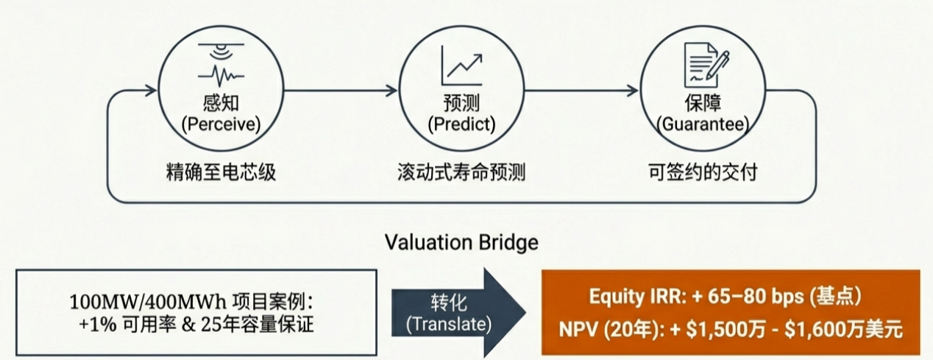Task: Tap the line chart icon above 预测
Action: click(x=461, y=65)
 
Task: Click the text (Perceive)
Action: click(x=221, y=124)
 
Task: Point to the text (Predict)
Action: click(x=461, y=124)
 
